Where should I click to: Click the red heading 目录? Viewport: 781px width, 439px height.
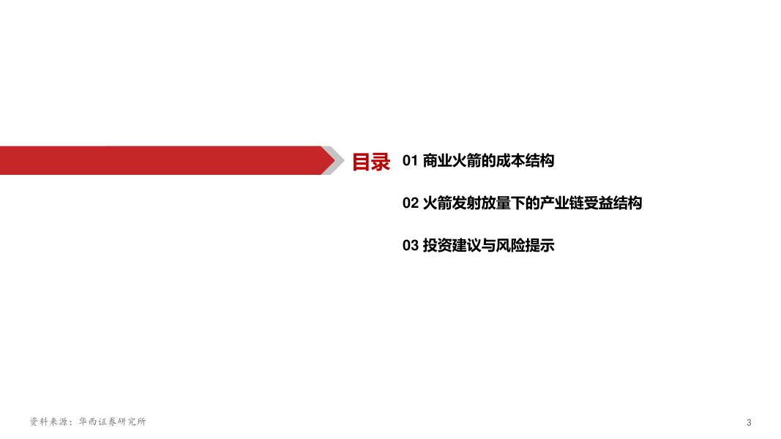pos(371,161)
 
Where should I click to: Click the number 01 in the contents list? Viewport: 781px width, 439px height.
pos(410,161)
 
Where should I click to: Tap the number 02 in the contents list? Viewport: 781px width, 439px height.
pos(410,203)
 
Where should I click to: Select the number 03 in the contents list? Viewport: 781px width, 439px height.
pos(410,246)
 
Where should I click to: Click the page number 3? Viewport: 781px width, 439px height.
pos(749,423)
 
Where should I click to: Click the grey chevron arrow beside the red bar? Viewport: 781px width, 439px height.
pos(335,160)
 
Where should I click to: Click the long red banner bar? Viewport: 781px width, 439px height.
pos(161,160)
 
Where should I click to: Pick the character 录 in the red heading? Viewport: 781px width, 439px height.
pos(381,161)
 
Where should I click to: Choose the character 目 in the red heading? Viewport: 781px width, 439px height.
pos(361,161)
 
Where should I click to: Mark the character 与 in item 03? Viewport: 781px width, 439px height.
pos(488,246)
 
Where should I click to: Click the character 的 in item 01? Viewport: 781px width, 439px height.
pos(488,161)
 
